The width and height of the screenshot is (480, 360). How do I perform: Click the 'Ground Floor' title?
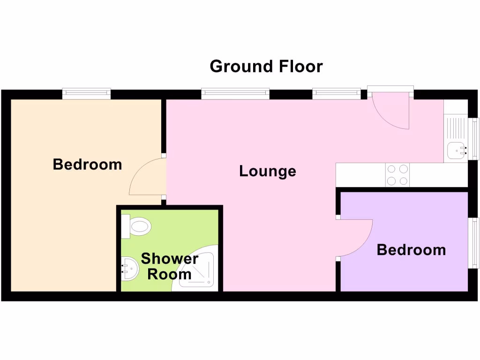click(x=266, y=66)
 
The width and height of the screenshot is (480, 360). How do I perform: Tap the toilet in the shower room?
click(x=140, y=227)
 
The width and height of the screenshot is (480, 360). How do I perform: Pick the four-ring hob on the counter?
click(x=397, y=175)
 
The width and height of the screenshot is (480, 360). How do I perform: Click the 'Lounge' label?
click(x=267, y=171)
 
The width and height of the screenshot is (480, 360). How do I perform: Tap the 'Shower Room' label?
click(x=169, y=266)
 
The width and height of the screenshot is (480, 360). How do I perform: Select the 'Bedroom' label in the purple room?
click(x=411, y=249)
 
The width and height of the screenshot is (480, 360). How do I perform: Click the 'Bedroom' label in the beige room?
click(x=87, y=164)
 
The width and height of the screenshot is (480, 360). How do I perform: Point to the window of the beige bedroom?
click(x=87, y=94)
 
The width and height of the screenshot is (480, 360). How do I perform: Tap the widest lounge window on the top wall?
click(x=235, y=94)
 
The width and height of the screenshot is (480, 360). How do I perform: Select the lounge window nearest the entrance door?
click(x=337, y=94)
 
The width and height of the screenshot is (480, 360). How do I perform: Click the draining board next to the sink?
click(x=456, y=129)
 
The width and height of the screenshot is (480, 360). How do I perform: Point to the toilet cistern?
click(x=125, y=227)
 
